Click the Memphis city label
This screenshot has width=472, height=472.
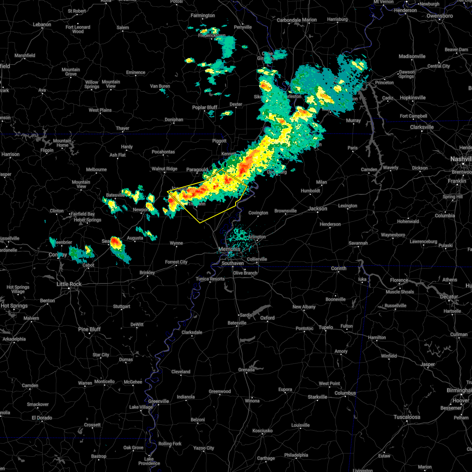tap(229, 249)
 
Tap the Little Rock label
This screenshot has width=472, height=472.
tap(69, 284)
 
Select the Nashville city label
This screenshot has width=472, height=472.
tap(461, 159)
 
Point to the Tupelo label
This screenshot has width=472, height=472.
tap(326, 327)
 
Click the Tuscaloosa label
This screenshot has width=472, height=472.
tap(407, 417)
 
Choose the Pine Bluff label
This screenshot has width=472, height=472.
tap(89, 329)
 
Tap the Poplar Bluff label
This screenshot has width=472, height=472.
tap(205, 107)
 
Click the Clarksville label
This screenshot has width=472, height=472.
tap(422, 127)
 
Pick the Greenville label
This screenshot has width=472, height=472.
tap(159, 401)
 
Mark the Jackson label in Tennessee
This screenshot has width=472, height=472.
tap(317, 208)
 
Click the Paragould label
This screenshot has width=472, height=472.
tap(197, 170)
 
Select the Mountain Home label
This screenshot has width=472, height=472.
tap(62, 143)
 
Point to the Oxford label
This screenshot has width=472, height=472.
tap(267, 318)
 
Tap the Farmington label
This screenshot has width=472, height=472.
tap(203, 16)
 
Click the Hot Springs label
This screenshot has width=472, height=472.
tap(14, 306)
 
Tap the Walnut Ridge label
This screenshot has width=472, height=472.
tap(164, 169)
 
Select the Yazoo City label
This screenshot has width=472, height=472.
tap(204, 448)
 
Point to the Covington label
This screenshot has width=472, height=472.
tap(258, 213)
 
